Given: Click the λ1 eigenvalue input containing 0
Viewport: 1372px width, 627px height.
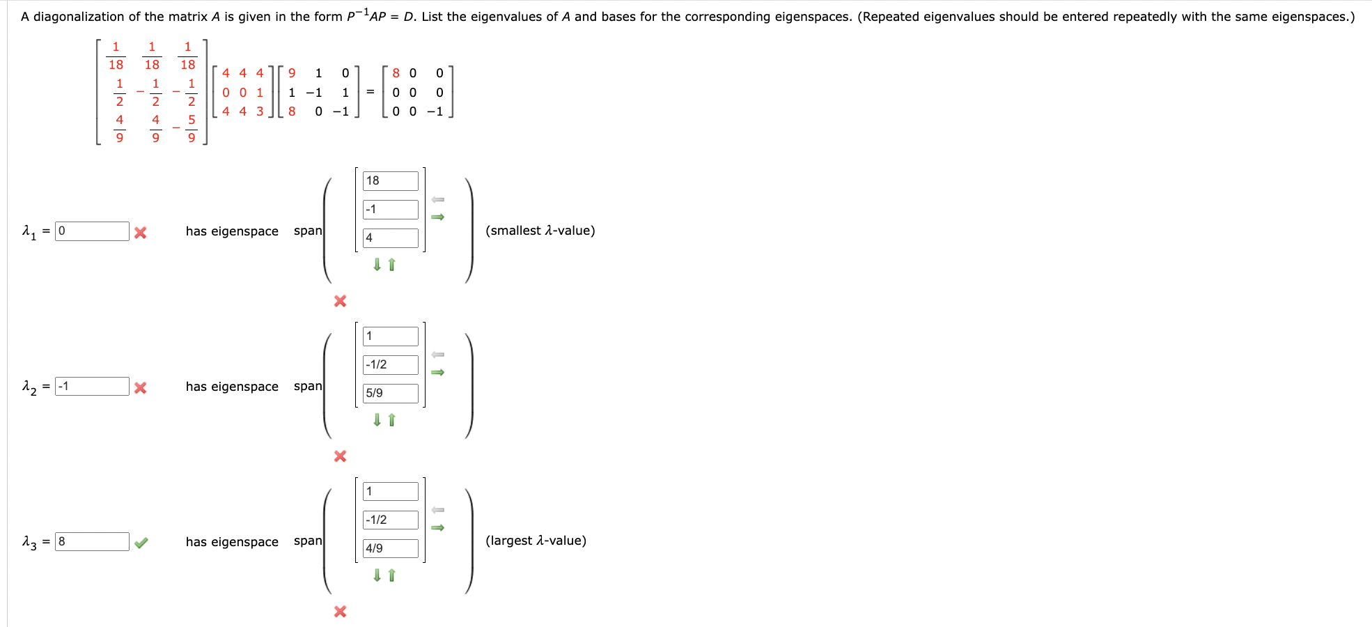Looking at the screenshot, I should [92, 231].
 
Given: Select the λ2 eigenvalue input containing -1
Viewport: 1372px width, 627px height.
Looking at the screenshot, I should [92, 387].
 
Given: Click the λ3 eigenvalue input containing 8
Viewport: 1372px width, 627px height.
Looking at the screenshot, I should [92, 542].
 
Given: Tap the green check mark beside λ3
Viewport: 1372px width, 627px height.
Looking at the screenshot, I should [141, 543].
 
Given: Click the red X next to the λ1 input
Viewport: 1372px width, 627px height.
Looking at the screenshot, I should [140, 233].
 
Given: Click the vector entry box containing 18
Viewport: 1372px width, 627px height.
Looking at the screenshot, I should [390, 181].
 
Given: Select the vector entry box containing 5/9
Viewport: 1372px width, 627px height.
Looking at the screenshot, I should [390, 394].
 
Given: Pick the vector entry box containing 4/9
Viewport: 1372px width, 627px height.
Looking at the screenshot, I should [390, 549].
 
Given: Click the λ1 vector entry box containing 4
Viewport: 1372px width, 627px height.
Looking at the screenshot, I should [390, 238].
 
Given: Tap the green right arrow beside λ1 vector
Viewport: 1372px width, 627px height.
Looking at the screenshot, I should [437, 217].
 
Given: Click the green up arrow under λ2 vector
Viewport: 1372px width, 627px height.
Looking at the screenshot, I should [391, 420].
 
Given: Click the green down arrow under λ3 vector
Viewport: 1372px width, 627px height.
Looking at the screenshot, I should [377, 575].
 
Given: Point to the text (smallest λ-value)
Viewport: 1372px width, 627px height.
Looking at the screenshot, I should [540, 231].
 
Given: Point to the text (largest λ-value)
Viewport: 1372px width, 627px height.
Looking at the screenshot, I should [536, 541].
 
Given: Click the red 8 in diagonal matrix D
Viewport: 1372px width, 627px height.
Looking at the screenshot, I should [396, 73].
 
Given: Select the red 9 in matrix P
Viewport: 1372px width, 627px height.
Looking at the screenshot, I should [292, 73].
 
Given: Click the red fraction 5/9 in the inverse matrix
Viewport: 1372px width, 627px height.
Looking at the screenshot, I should [192, 129].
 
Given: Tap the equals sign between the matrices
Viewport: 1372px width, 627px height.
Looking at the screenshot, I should [370, 92].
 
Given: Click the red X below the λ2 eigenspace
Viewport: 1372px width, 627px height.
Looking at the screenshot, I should [340, 456].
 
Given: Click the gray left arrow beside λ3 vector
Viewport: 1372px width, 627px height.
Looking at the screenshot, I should [437, 511].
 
